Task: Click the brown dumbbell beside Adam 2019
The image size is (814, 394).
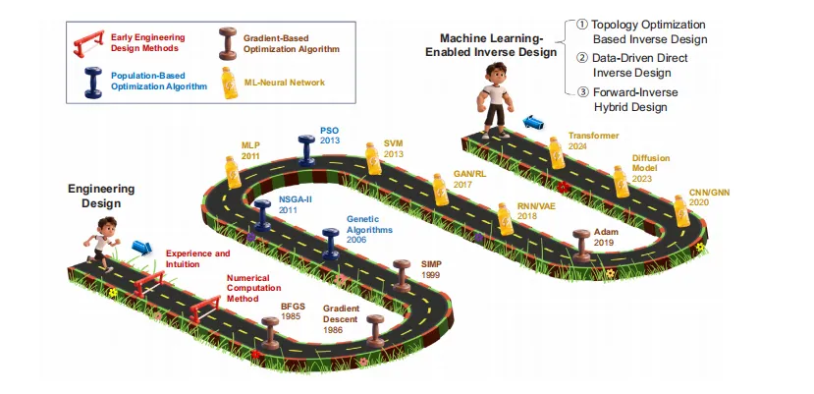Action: click(581, 243)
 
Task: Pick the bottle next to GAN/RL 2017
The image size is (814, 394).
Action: click(439, 188)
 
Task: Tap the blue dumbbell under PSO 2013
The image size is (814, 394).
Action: click(307, 149)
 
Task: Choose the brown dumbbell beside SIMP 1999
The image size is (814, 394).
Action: click(401, 274)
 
